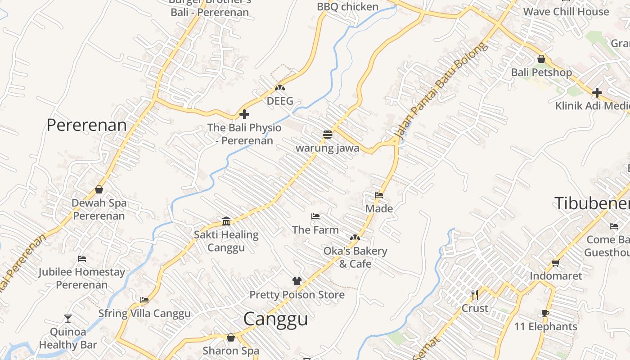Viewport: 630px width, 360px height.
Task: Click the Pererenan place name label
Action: click(86, 125)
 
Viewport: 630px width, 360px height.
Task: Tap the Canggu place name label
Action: click(275, 319)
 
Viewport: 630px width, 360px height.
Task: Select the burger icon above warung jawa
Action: click(327, 134)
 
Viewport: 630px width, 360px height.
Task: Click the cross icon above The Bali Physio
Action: click(244, 114)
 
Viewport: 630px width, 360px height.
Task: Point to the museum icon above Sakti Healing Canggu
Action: click(226, 221)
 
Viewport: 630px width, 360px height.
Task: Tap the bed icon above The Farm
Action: click(315, 216)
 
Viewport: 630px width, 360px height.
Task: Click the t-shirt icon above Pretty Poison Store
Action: click(297, 281)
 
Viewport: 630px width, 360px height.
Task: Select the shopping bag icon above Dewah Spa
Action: click(99, 189)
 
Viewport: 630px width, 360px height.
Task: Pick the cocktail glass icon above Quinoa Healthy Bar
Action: click(68, 319)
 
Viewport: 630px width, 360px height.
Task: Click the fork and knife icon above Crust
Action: click(475, 295)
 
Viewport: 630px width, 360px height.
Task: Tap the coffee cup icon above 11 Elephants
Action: click(545, 313)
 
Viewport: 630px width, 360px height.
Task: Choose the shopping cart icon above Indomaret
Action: click(556, 263)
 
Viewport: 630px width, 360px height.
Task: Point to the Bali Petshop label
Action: click(541, 72)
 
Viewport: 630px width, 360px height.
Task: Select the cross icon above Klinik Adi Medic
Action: click(597, 93)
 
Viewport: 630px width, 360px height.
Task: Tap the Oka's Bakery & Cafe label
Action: click(355, 257)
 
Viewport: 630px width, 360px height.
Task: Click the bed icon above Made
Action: click(379, 195)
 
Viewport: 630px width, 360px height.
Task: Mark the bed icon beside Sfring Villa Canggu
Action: click(144, 300)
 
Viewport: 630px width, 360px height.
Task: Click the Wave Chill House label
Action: click(566, 12)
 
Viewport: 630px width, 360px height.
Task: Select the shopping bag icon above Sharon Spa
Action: click(231, 337)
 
